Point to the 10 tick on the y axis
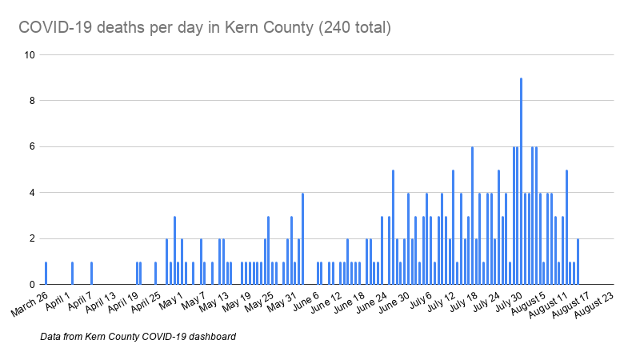tap(30, 55)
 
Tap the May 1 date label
tap(170, 302)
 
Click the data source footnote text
tap(138, 337)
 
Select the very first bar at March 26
tap(46, 273)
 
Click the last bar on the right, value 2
tap(578, 262)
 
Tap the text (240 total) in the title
tap(354, 28)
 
